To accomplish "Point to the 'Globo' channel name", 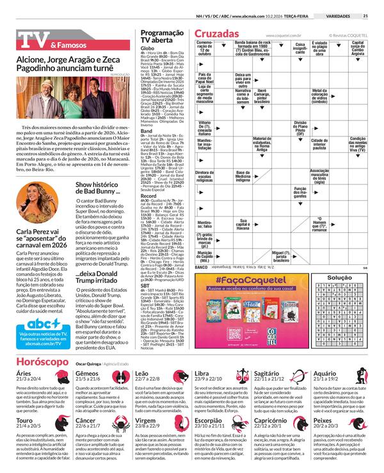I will pyautogui.click(x=147, y=48).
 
